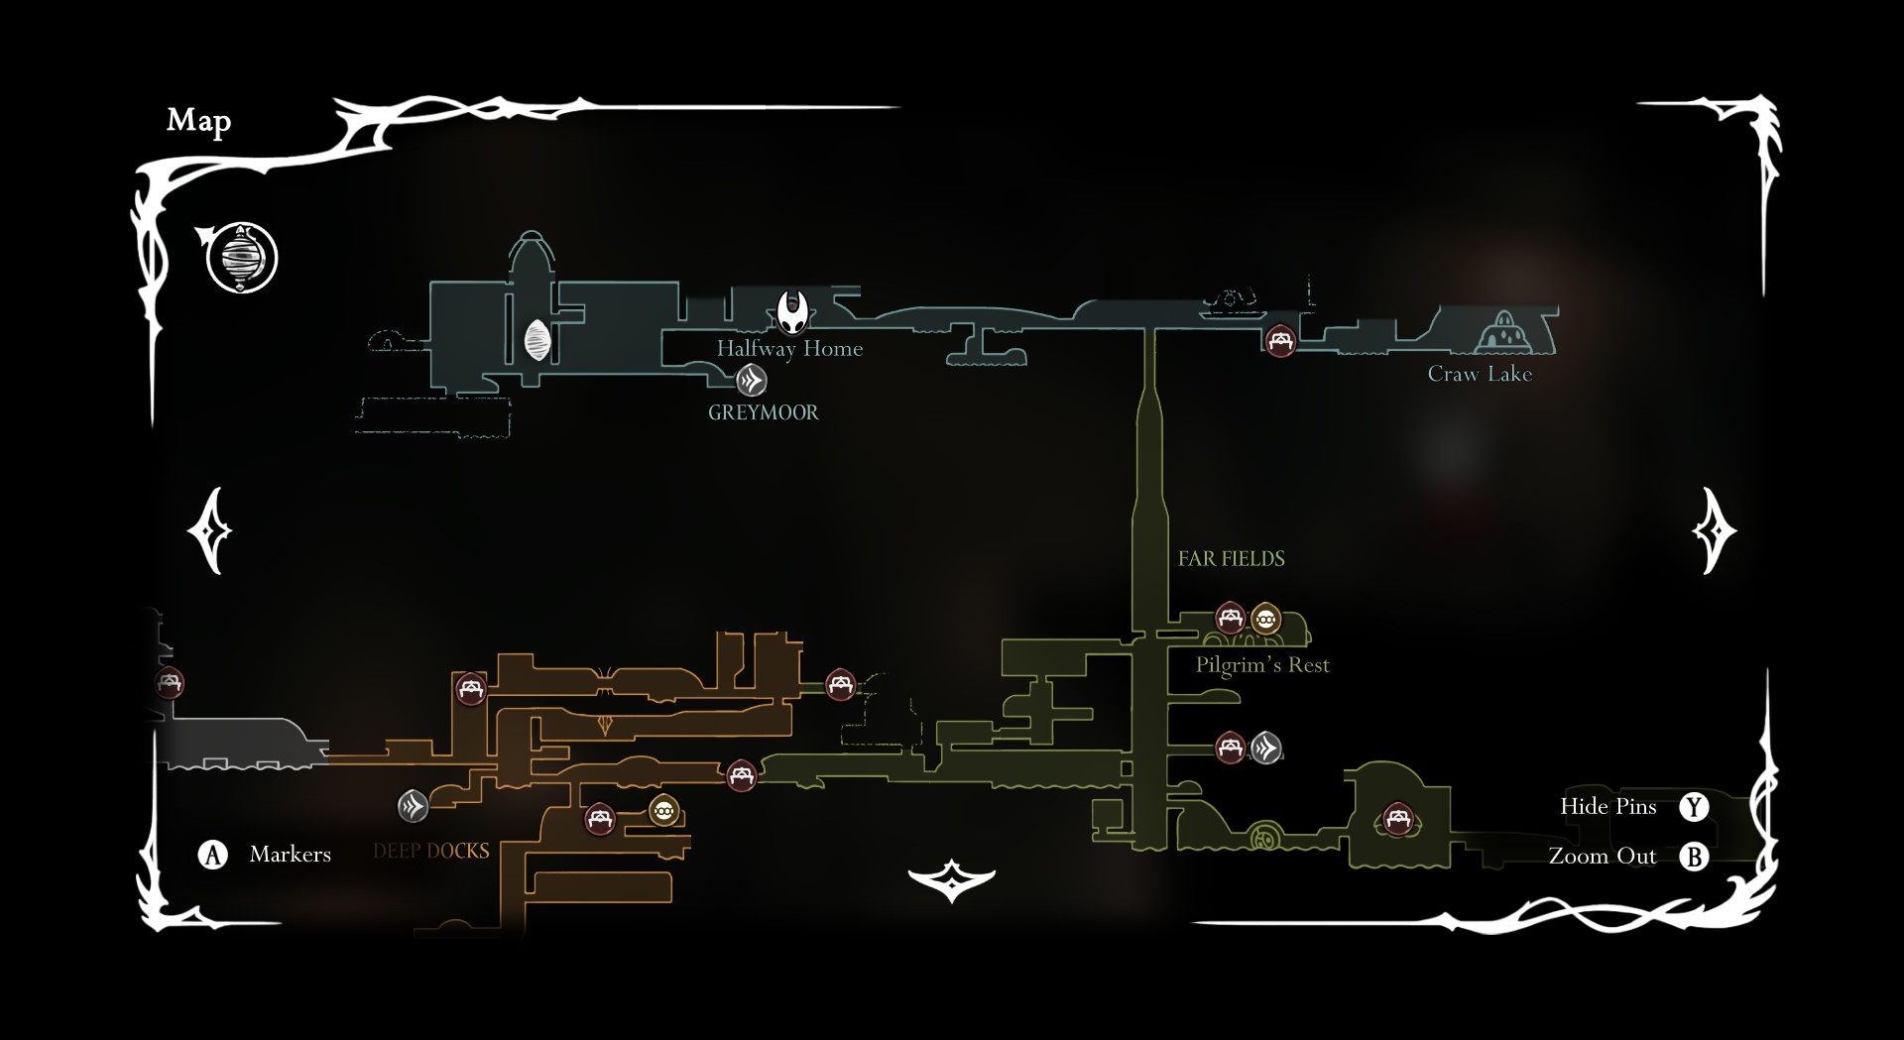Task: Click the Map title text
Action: (x=198, y=121)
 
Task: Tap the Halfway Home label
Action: (x=789, y=349)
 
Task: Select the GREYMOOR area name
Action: (x=763, y=412)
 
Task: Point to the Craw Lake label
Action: (x=1479, y=374)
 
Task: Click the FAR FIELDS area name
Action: (x=1231, y=559)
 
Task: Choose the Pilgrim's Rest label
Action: (x=1261, y=665)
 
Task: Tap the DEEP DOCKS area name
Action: (x=431, y=851)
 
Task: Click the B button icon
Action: (x=1694, y=857)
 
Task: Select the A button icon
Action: (x=212, y=855)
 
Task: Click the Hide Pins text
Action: (x=1607, y=807)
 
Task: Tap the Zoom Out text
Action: (x=1602, y=857)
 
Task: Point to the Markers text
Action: (x=290, y=855)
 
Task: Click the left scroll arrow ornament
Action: (x=210, y=531)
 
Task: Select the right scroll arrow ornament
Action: (x=1714, y=531)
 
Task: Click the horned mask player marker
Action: (x=792, y=312)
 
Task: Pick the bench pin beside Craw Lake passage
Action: (x=1280, y=342)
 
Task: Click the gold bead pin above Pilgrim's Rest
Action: (x=1265, y=620)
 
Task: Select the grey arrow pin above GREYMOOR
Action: (x=752, y=380)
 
